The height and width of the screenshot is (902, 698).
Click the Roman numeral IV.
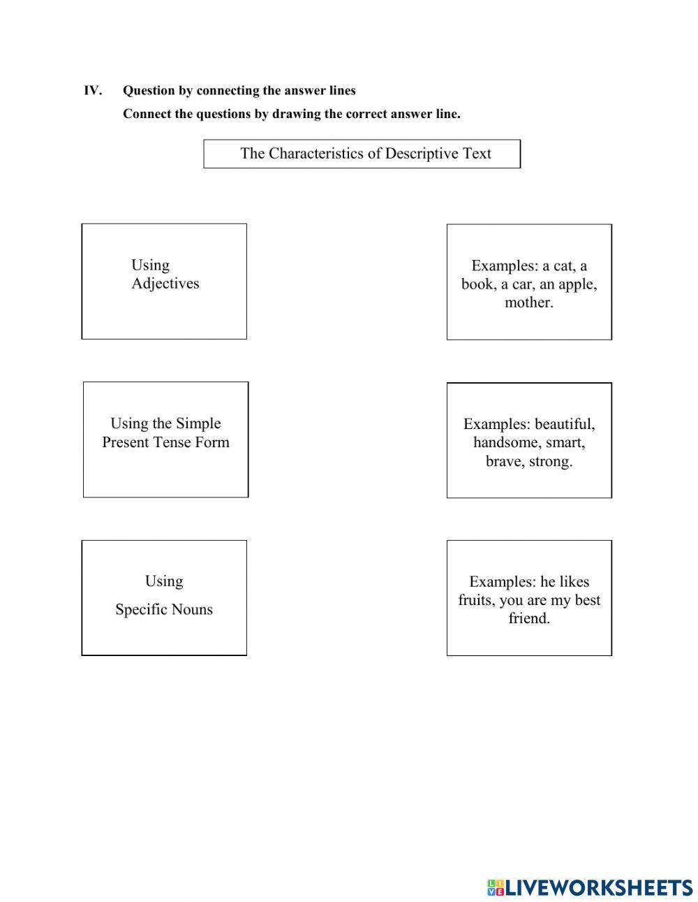point(93,91)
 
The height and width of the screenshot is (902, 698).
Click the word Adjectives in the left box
point(165,284)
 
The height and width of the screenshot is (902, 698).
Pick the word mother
point(528,303)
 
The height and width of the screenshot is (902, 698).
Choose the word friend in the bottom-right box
point(528,618)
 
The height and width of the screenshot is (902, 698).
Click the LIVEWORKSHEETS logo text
point(597,887)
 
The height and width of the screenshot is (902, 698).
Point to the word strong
point(551,461)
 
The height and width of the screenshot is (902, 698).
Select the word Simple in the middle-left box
point(198,423)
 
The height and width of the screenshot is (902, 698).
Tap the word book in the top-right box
point(478,284)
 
